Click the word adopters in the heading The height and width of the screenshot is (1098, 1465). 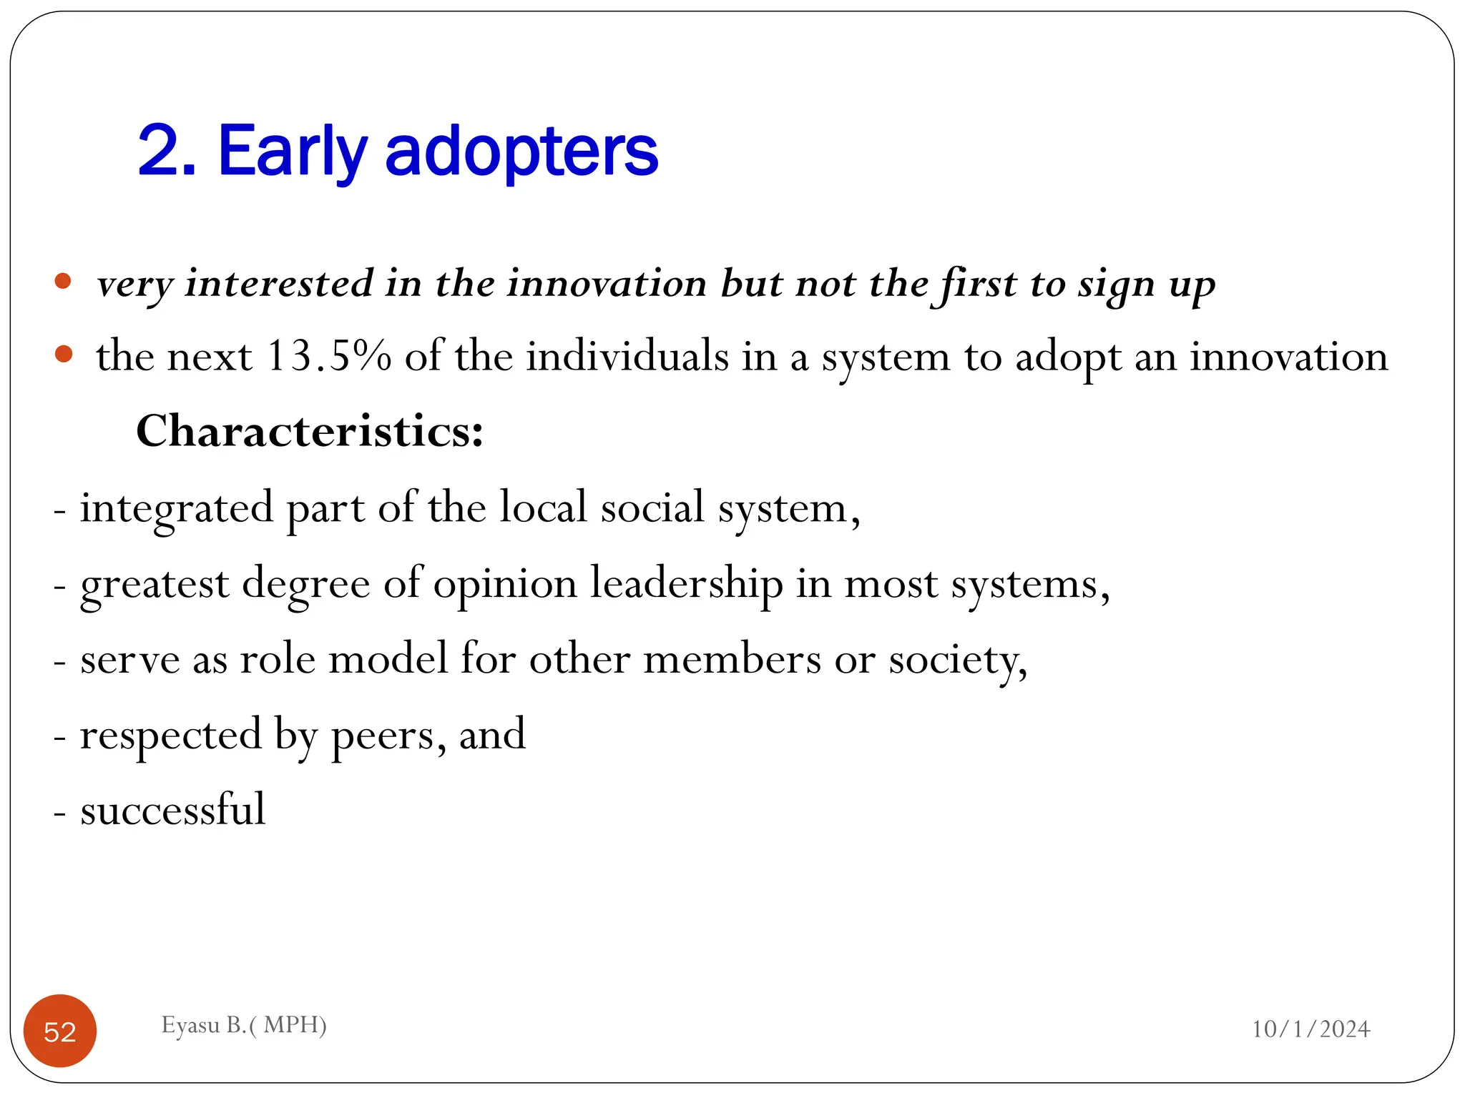tap(521, 152)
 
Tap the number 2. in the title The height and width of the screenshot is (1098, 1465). tap(167, 152)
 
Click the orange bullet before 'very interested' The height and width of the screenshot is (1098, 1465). tap(63, 281)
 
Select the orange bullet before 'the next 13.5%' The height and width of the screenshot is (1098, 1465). tap(63, 354)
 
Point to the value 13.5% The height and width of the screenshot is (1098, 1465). tap(328, 356)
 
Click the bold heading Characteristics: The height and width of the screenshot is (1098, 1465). tap(310, 431)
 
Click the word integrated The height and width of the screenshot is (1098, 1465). tap(176, 508)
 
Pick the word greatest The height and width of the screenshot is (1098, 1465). tap(155, 585)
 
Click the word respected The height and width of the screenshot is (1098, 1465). tap(171, 735)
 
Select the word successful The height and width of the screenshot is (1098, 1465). tap(172, 809)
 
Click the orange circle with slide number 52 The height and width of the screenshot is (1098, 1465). tap(60, 1031)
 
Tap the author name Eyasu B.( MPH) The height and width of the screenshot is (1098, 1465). tap(244, 1025)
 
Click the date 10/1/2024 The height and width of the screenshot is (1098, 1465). tap(1310, 1029)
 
